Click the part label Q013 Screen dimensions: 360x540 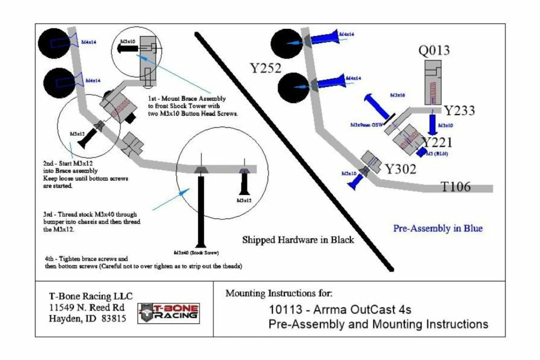tap(434, 50)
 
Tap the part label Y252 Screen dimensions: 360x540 tap(266, 68)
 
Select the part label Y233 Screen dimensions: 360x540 tap(459, 111)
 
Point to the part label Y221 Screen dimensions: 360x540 tap(436, 143)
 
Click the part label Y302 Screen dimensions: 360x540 tap(400, 169)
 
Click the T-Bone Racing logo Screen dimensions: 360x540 tap(169, 312)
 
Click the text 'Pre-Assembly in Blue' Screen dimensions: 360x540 tap(437, 228)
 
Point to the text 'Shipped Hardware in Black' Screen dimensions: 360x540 tap(298, 240)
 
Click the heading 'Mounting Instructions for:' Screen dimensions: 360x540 tap(279, 294)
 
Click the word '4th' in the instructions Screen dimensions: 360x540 tap(50, 259)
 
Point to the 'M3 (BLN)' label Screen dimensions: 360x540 tap(439, 154)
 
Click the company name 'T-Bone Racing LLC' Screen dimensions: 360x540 tap(85, 297)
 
